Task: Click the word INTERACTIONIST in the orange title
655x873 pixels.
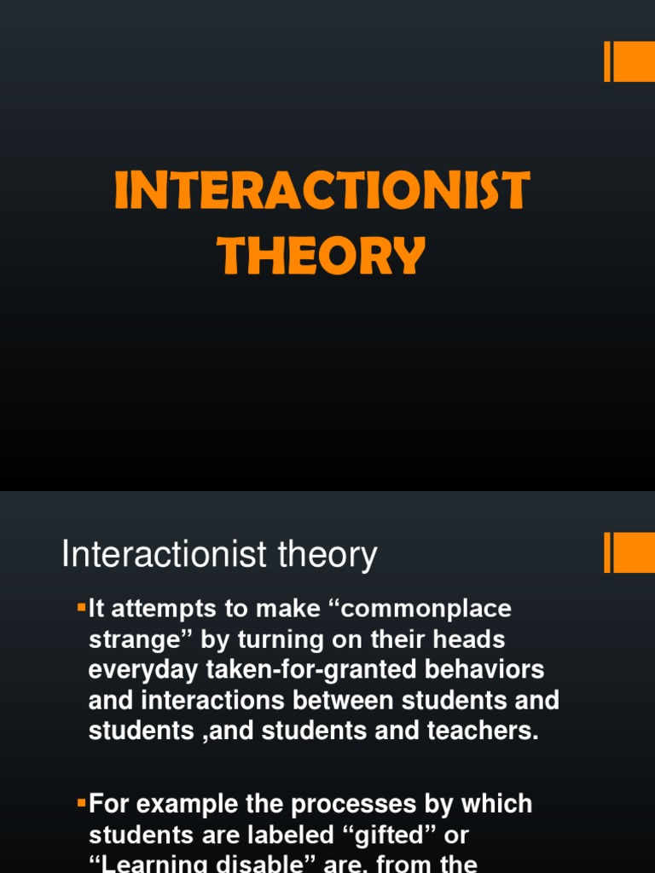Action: (322, 191)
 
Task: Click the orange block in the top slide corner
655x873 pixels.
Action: (634, 62)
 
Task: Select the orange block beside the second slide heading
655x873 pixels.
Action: (634, 553)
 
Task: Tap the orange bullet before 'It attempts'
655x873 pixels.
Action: (82, 608)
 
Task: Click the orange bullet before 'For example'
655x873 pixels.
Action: (82, 802)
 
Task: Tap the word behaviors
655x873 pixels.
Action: (484, 670)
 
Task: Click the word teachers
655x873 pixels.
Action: (481, 731)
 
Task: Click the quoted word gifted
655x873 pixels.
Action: (390, 835)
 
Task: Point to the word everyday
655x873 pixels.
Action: (143, 670)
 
